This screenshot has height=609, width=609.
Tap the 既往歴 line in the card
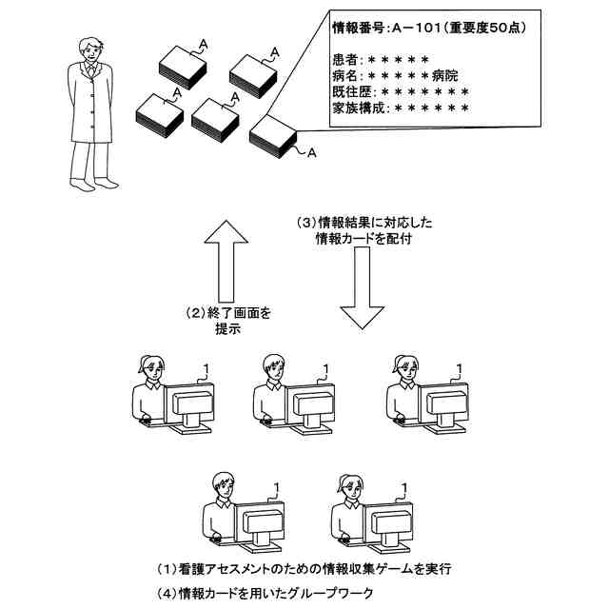400,92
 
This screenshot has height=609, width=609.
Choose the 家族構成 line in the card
400,108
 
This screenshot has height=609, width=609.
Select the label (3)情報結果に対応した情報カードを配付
362,231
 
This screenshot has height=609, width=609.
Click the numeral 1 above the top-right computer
461,367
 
